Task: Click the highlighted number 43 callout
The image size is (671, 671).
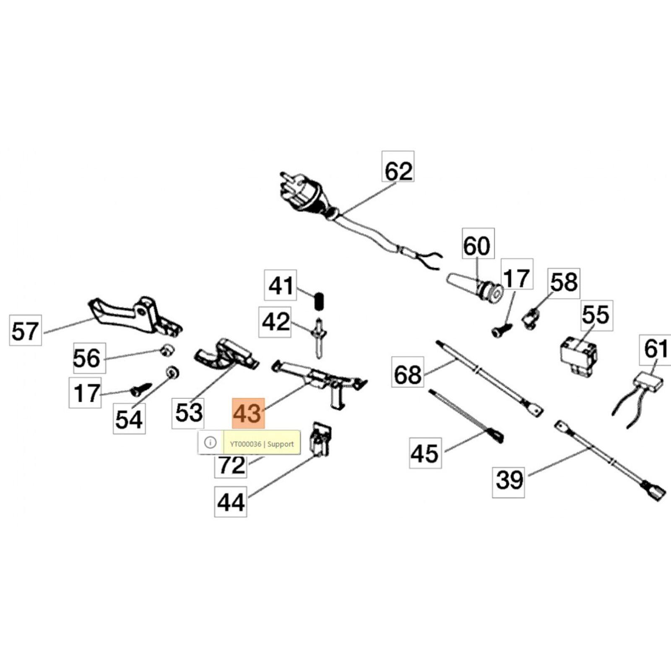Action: click(x=248, y=414)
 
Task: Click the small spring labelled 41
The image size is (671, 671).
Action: click(x=320, y=301)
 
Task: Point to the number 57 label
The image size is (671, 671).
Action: click(x=26, y=330)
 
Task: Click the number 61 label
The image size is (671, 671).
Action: click(x=655, y=349)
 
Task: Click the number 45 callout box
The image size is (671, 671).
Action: click(x=425, y=453)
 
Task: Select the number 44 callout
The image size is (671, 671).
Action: click(x=230, y=502)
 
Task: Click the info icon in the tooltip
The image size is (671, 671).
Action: click(x=211, y=442)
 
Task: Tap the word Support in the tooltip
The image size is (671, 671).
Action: click(x=281, y=444)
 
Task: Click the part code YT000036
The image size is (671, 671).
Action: click(x=245, y=444)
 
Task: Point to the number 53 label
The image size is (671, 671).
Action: click(x=188, y=413)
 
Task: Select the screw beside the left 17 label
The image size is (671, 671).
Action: click(x=140, y=389)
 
